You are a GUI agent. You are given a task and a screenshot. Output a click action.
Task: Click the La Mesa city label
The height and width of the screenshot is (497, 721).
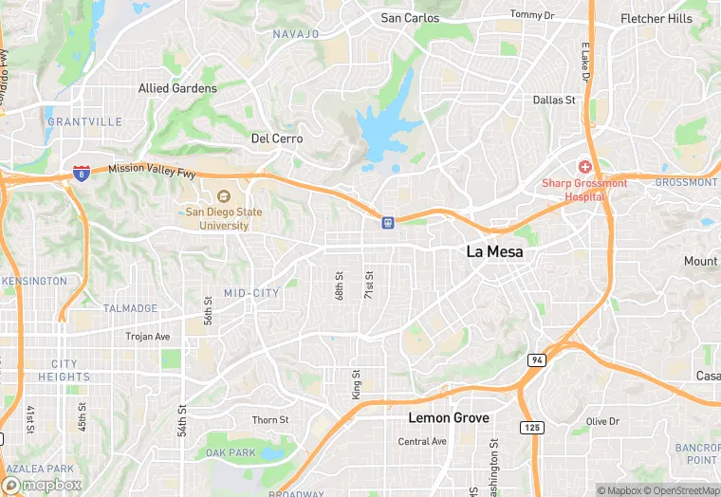tap(495, 252)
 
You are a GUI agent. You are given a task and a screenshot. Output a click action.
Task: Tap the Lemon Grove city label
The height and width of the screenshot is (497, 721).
tap(449, 417)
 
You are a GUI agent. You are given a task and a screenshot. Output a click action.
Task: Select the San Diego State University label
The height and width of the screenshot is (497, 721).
tap(217, 219)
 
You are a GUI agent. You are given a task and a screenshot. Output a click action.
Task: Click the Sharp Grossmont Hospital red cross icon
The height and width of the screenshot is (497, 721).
tap(586, 166)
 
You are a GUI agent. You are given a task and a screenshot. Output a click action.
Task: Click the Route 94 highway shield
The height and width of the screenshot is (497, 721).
tap(536, 360)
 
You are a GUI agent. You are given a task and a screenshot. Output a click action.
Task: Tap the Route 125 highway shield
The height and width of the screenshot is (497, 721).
tap(532, 429)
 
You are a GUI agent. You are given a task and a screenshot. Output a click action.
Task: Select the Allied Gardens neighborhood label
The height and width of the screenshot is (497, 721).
tap(177, 88)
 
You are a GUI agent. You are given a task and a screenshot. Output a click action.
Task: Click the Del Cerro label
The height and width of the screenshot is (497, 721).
tap(277, 138)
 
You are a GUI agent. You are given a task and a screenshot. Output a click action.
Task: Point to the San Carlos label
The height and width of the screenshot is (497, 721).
tap(410, 18)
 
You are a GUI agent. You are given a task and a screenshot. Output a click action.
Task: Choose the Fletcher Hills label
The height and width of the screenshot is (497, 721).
tap(656, 19)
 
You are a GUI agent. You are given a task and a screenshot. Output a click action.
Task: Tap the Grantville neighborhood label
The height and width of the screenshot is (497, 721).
tap(84, 122)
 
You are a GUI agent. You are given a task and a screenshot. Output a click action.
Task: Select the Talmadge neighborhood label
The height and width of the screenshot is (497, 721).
tap(131, 309)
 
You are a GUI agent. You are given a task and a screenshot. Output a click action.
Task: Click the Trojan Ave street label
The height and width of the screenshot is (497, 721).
tap(148, 337)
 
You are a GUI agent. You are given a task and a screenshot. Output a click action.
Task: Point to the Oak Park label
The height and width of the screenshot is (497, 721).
tap(231, 452)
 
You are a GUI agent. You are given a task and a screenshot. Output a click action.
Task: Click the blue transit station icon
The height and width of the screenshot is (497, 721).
tap(387, 222)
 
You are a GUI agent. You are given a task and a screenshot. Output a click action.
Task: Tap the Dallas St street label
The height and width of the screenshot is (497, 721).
tap(554, 100)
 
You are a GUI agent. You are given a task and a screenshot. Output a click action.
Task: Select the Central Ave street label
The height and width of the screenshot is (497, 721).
tap(422, 442)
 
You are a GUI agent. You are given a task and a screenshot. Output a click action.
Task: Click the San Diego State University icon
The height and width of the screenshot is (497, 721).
tap(211, 196)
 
